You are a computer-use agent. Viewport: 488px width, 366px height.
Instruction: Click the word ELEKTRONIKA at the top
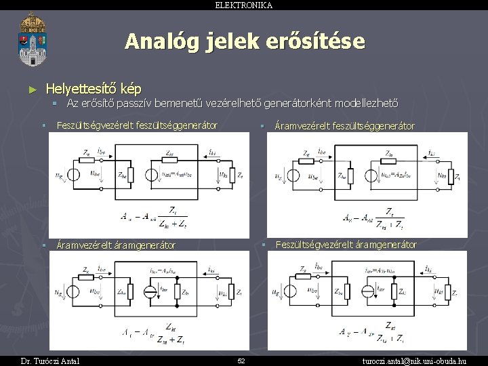(243, 5)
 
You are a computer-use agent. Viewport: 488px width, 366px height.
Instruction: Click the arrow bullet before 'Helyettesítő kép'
(33, 89)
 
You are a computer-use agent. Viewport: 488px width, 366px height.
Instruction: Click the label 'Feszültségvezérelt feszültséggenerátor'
(137, 125)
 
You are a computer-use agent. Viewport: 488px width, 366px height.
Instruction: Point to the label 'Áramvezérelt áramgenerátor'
(116, 245)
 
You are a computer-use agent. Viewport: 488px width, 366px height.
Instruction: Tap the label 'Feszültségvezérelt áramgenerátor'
(346, 244)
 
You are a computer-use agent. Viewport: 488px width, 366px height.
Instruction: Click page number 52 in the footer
(241, 360)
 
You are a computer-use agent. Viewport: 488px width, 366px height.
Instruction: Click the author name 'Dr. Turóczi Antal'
(50, 360)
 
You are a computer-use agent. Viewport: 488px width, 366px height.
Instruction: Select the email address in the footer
(425, 360)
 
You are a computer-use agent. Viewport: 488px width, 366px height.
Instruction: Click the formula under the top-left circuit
(157, 216)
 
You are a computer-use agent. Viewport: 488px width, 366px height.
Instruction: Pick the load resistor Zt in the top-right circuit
(447, 177)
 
